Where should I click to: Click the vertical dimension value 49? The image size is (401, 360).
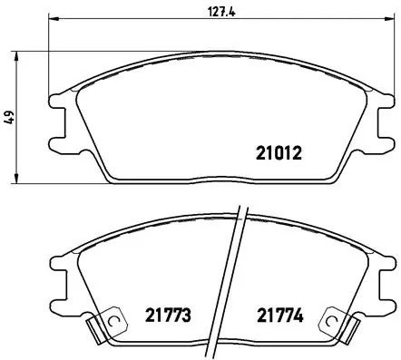coord(10,116)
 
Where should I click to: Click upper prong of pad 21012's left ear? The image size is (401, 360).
coord(56,101)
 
